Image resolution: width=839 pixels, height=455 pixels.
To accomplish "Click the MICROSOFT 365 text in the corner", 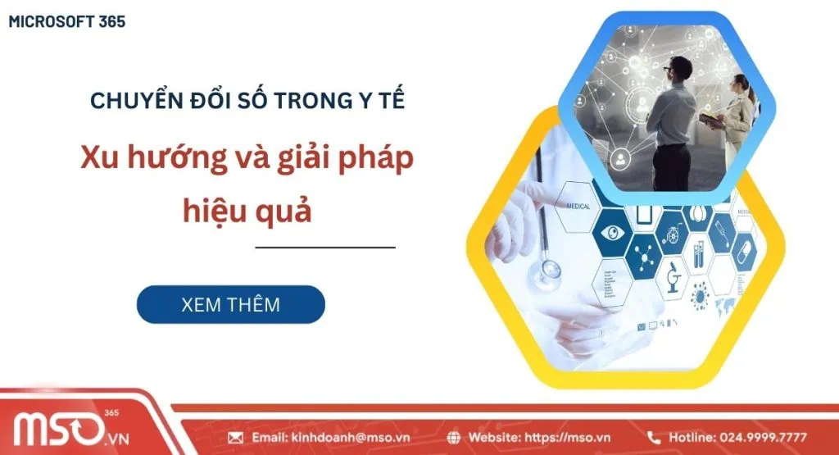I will [x=67, y=22].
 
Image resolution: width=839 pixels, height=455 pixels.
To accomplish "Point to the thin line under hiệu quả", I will [x=324, y=247].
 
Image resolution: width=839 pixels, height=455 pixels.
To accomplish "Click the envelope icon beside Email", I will [x=236, y=438].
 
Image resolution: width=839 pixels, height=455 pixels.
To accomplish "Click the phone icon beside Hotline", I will [x=654, y=438].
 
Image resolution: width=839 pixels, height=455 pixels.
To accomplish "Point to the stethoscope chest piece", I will [x=547, y=270].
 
